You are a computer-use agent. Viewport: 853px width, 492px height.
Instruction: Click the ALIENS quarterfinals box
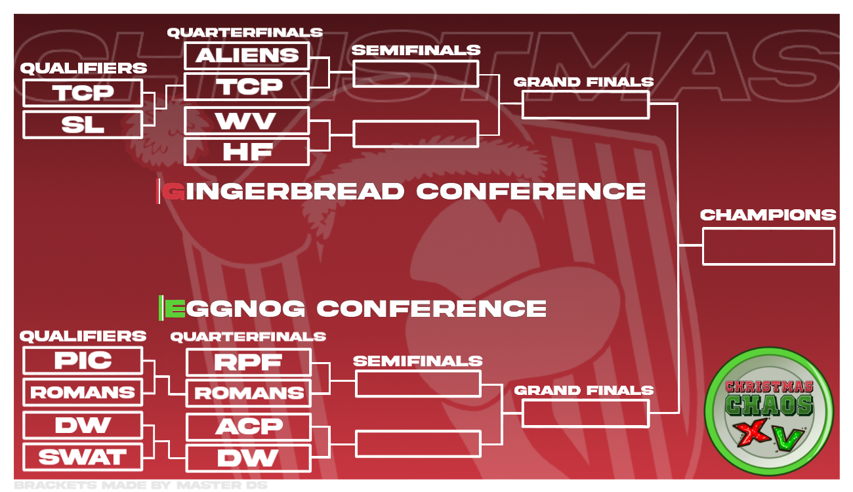[x=247, y=56]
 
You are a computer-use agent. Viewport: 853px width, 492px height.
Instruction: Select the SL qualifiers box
[x=83, y=125]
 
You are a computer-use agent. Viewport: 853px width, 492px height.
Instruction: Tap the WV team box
[x=247, y=121]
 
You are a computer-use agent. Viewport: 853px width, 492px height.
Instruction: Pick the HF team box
[x=247, y=152]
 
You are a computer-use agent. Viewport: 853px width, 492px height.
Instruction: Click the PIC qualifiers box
[x=83, y=360]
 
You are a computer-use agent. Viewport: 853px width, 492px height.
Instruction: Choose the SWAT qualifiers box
[x=83, y=457]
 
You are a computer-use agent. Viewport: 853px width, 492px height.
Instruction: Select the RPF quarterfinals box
[x=249, y=362]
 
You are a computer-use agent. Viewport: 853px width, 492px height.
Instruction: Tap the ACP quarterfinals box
[x=249, y=427]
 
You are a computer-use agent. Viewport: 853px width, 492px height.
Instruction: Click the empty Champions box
[x=768, y=247]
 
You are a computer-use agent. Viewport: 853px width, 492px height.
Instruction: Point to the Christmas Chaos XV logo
[x=769, y=411]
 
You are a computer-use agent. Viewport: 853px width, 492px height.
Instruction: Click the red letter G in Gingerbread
[x=174, y=191]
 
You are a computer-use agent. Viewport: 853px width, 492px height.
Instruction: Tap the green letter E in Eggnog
[x=175, y=308]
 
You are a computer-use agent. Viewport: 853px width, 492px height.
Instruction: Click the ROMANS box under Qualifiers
[x=83, y=392]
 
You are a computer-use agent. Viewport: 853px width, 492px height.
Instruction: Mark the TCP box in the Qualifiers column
[x=83, y=93]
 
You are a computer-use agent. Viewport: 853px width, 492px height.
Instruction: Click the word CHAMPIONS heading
[x=768, y=215]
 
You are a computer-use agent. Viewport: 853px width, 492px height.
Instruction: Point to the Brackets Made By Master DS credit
[x=140, y=485]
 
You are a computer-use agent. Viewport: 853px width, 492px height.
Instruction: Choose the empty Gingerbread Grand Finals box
[x=585, y=104]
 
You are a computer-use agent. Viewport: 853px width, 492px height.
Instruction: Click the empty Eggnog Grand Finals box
[x=585, y=413]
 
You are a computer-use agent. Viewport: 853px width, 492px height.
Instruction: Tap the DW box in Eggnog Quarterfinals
[x=249, y=458]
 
